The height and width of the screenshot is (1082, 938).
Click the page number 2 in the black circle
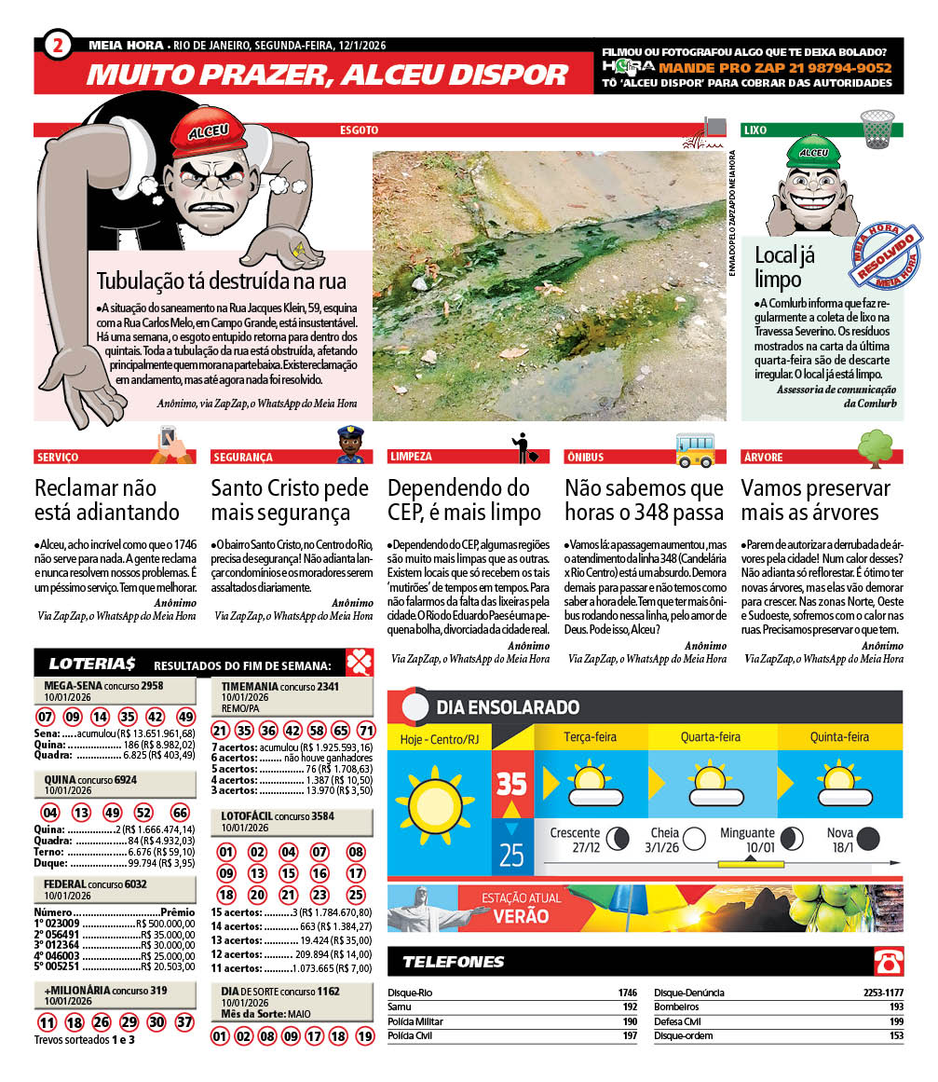point(58,45)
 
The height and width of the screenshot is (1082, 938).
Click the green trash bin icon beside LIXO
point(877,129)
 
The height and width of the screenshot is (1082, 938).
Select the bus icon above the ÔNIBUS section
point(695,448)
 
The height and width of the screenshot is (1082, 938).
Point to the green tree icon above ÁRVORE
point(875,447)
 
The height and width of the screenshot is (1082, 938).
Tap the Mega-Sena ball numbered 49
point(185,717)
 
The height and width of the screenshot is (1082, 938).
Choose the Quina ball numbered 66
point(181,812)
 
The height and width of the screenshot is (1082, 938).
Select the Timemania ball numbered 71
point(366,731)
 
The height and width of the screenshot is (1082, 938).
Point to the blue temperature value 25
point(512,854)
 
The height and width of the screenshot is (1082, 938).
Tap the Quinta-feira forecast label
point(839,736)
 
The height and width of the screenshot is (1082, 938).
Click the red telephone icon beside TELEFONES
point(887,962)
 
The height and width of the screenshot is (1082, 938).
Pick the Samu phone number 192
point(629,1007)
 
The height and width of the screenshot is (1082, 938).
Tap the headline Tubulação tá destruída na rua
point(221,281)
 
